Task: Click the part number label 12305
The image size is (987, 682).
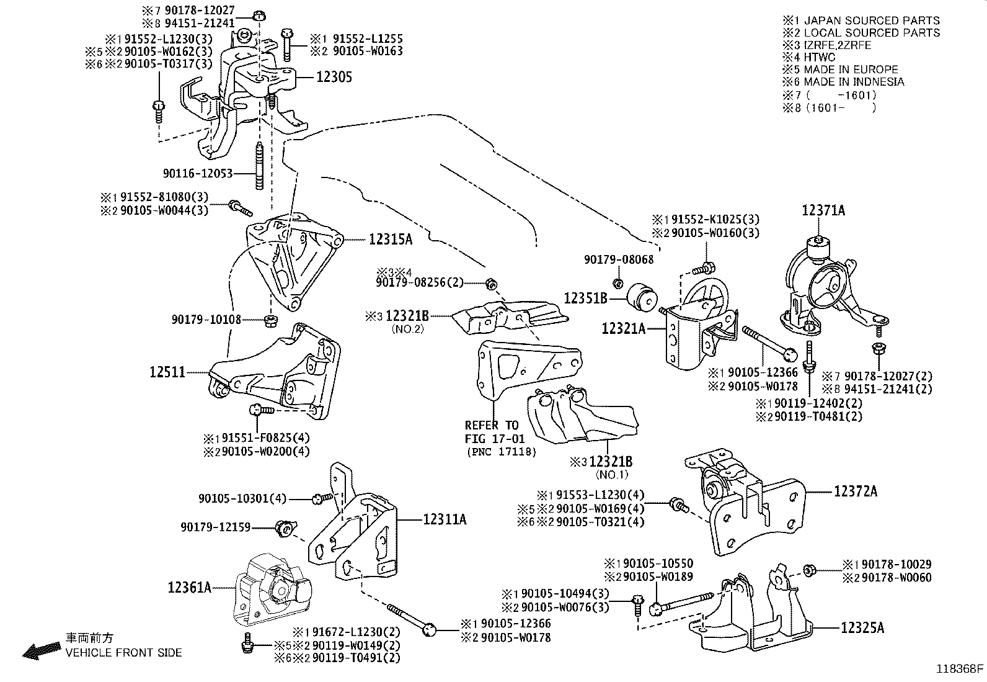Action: click(334, 77)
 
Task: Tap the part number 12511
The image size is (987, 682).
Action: click(167, 372)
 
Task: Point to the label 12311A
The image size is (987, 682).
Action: click(445, 519)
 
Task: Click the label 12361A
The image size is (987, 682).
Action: click(189, 586)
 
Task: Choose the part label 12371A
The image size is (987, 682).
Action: click(823, 210)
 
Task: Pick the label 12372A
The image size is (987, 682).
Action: click(856, 491)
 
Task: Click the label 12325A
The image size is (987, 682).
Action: click(862, 627)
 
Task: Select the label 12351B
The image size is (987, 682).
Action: click(585, 298)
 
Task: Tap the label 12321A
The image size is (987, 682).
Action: click(623, 328)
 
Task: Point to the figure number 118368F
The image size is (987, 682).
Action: click(960, 669)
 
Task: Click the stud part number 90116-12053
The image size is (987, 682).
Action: click(198, 173)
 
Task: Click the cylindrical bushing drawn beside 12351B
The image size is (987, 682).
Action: click(642, 298)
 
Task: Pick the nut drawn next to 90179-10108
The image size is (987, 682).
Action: click(270, 320)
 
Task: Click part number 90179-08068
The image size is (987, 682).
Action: click(618, 260)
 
